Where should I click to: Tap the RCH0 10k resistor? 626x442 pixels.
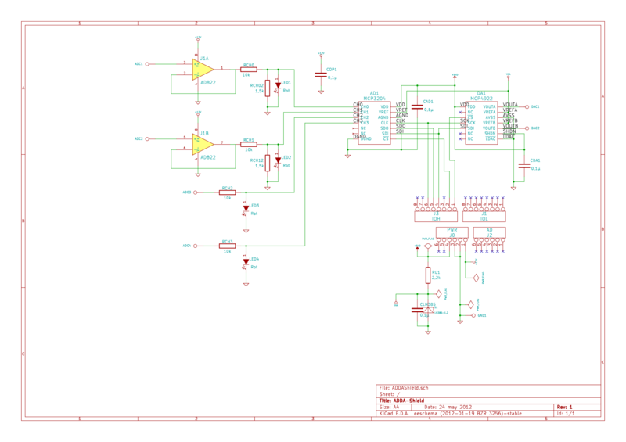pyautogui.click(x=249, y=70)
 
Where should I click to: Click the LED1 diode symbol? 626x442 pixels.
pyautogui.click(x=276, y=85)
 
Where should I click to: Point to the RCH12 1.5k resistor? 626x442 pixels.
pyautogui.click(x=268, y=163)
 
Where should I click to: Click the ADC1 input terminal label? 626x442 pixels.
pyautogui.click(x=139, y=64)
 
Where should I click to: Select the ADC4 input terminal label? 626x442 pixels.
pyautogui.click(x=187, y=246)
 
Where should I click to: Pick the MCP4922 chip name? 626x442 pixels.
pyautogui.click(x=480, y=98)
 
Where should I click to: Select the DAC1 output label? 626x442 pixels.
pyautogui.click(x=535, y=106)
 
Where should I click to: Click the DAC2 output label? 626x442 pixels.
pyautogui.click(x=535, y=128)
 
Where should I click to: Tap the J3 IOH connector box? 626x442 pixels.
pyautogui.click(x=436, y=210)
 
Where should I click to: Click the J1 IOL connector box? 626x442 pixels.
pyautogui.click(x=484, y=210)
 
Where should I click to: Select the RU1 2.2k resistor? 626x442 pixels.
pyautogui.click(x=428, y=275)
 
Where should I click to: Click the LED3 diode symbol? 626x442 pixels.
pyautogui.click(x=246, y=208)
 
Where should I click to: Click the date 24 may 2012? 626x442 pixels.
pyautogui.click(x=457, y=408)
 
